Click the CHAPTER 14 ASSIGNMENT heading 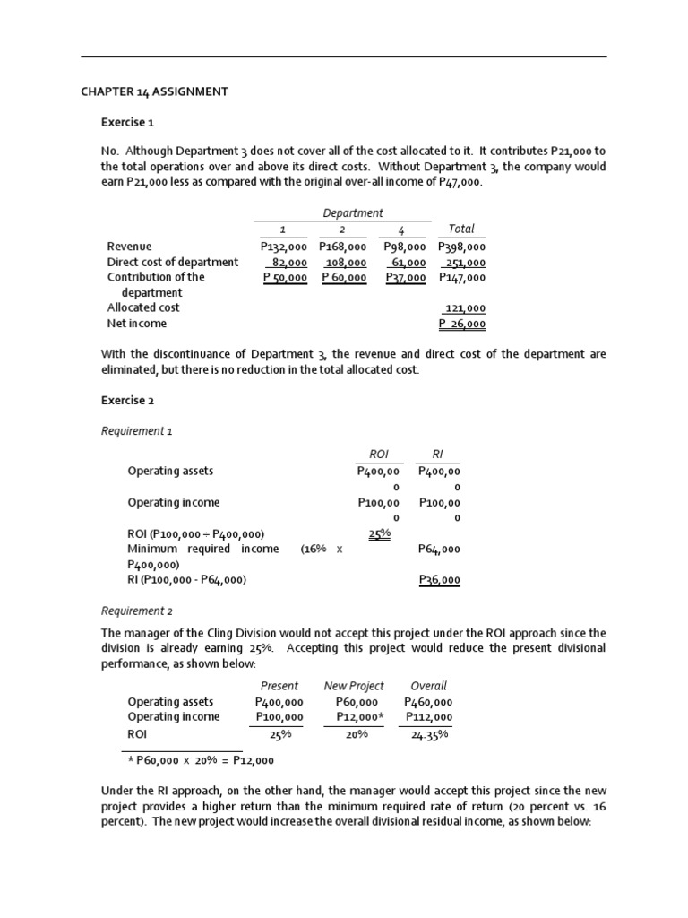tap(154, 91)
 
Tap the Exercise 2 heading tap(127, 400)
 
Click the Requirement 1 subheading tap(137, 431)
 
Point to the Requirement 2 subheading tap(137, 611)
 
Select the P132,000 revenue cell tap(283, 247)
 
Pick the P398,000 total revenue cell tap(461, 247)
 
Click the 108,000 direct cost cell tap(344, 263)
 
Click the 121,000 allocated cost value tap(465, 307)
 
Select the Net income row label tap(136, 324)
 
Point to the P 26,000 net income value tap(462, 324)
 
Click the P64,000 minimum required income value tap(439, 549)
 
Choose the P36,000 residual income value tap(439, 580)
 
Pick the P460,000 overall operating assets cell tap(428, 702)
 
